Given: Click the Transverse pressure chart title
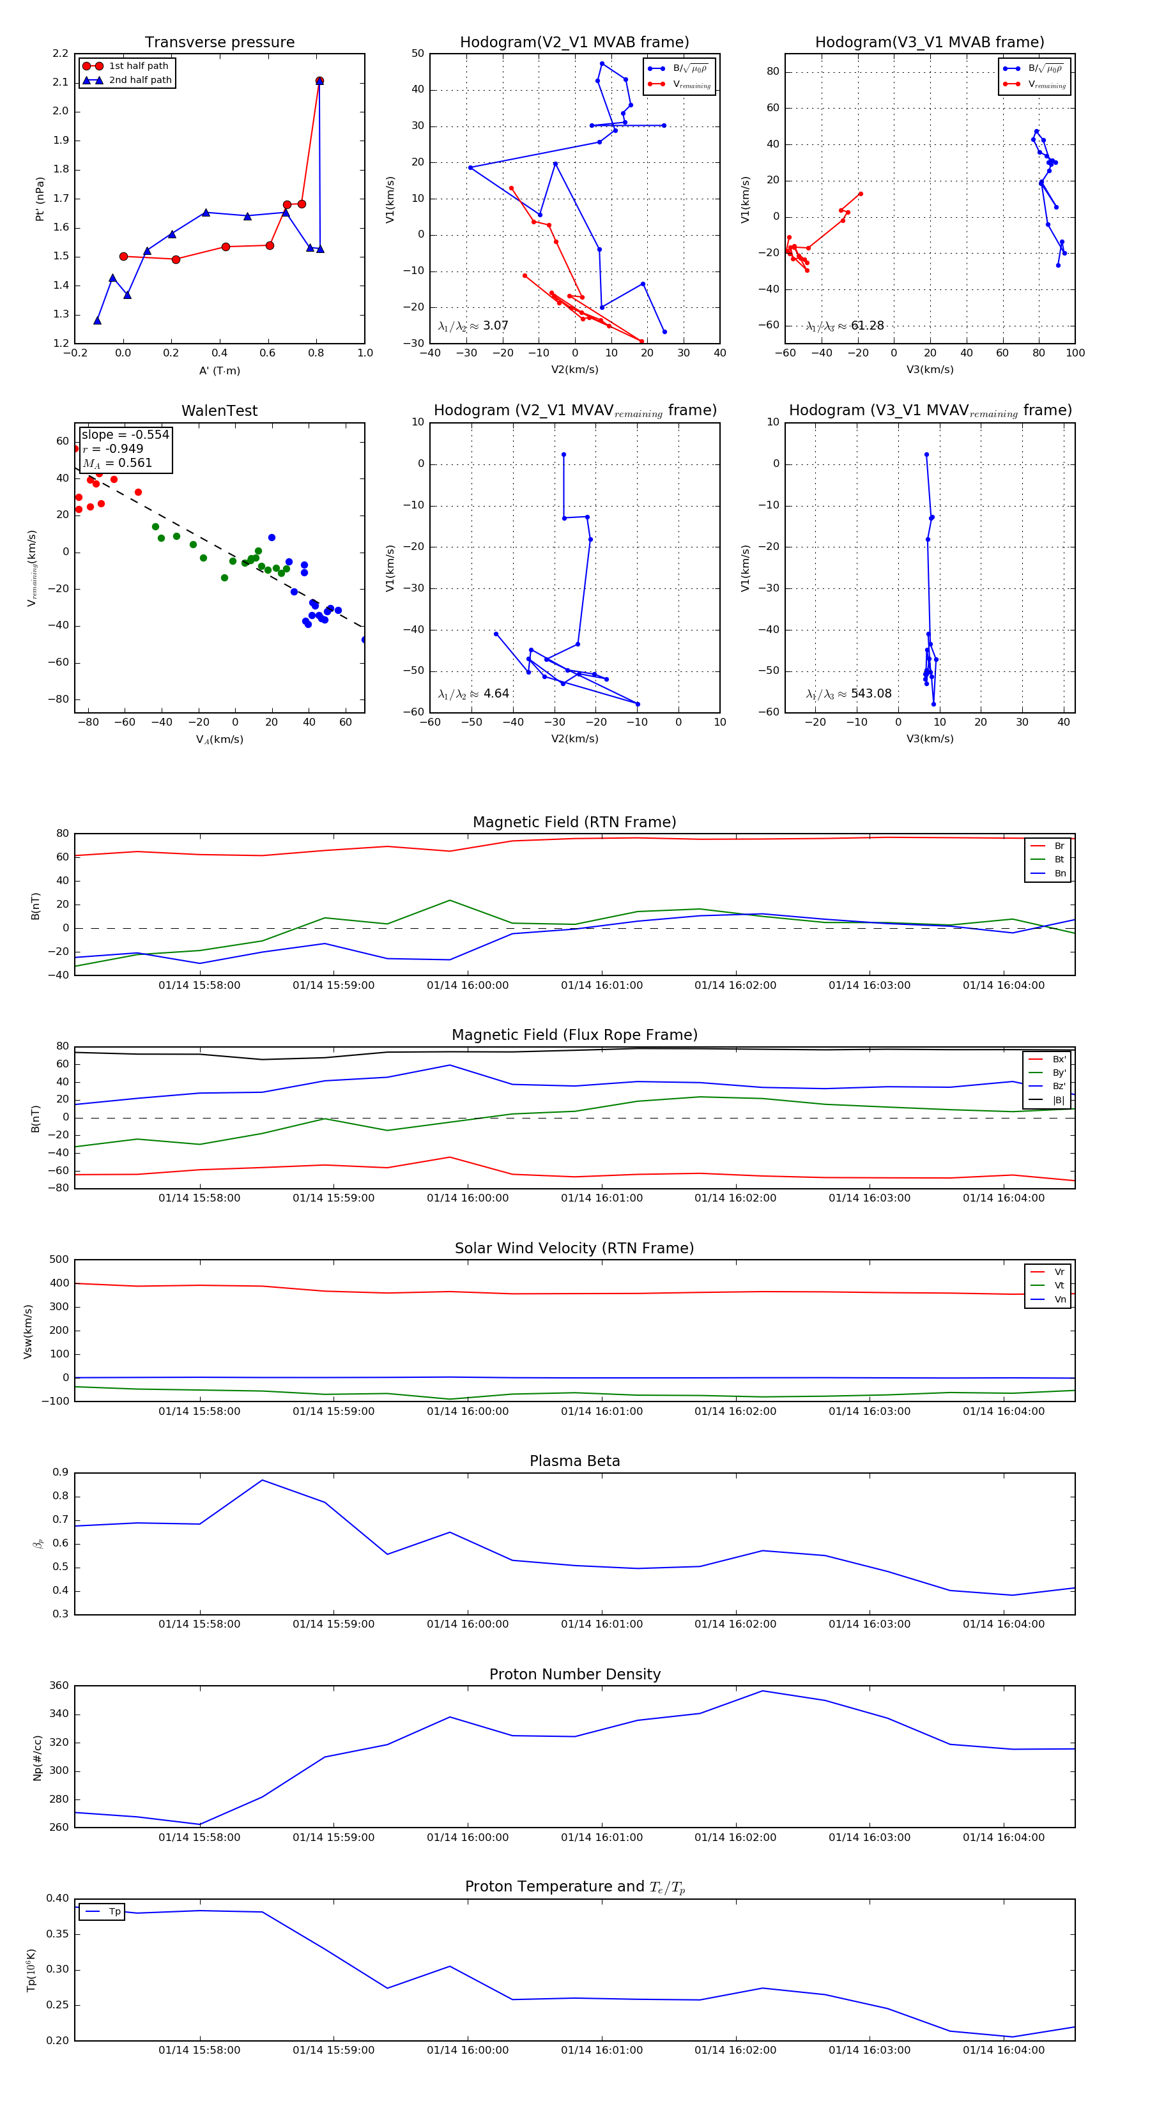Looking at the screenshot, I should [x=219, y=43].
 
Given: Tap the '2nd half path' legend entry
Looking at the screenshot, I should [x=140, y=80].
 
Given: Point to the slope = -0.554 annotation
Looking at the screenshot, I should [x=125, y=434].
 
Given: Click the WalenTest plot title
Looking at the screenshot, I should [x=219, y=411].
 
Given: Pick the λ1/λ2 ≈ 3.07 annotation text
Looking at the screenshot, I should [x=473, y=326].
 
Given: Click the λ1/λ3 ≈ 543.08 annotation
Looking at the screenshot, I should [x=849, y=694].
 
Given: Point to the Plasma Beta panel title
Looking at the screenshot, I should [x=574, y=1461].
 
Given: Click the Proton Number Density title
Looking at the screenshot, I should [x=574, y=1674].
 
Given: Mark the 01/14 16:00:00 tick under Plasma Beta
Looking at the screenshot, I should [x=468, y=1624].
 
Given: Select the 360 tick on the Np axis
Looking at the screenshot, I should [x=59, y=1686].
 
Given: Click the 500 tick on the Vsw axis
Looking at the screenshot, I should [x=59, y=1260].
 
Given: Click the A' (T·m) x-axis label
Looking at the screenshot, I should [x=219, y=370].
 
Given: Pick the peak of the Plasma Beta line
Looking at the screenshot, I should [x=262, y=1479].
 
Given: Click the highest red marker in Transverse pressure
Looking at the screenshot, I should [x=319, y=81].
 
